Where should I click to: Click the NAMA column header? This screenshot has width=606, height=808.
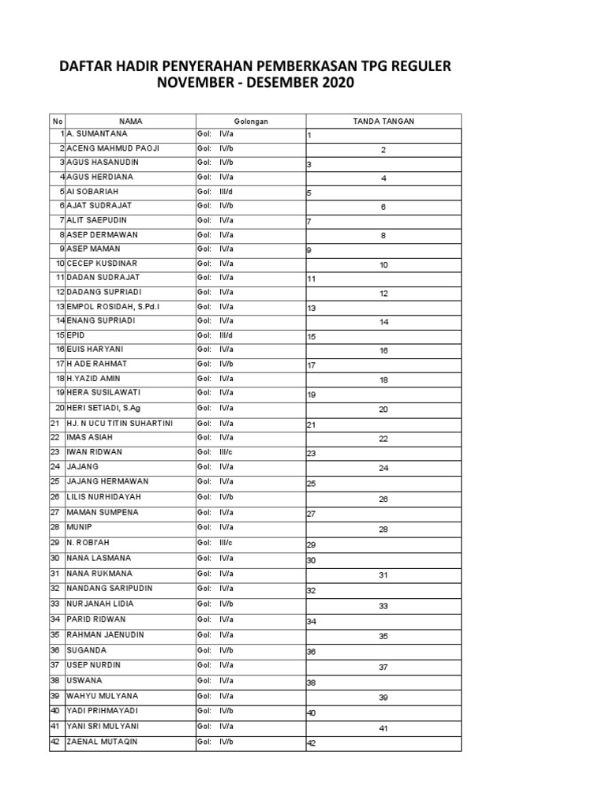click(x=130, y=121)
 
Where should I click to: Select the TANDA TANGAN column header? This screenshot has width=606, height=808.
click(x=383, y=121)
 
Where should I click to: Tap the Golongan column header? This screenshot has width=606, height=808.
click(x=250, y=121)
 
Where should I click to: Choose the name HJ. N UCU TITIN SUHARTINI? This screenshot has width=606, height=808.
click(x=119, y=424)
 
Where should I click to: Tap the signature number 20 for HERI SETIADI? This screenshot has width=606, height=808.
click(x=383, y=410)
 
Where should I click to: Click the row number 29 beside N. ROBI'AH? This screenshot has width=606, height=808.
click(x=55, y=543)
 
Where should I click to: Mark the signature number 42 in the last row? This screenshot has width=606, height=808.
click(x=311, y=743)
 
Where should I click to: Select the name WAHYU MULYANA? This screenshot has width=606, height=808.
click(x=102, y=695)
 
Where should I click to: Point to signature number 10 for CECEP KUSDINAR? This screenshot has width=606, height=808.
click(x=383, y=265)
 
